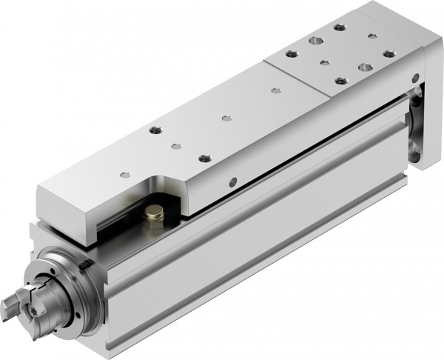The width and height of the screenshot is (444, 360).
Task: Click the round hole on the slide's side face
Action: coord(233,180)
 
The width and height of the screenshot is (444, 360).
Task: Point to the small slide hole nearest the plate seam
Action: coord(275,90)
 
